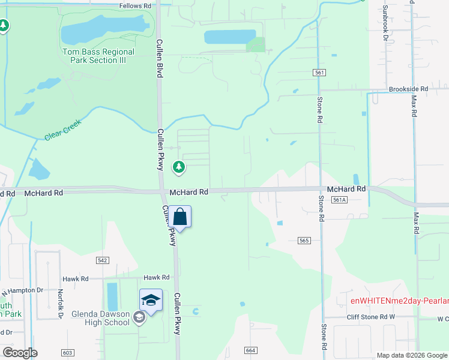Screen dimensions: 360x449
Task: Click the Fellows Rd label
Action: (135, 5)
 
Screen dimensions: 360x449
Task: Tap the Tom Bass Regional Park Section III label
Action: (98, 56)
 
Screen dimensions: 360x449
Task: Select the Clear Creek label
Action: (62, 130)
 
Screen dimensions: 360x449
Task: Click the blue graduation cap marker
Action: (151, 300)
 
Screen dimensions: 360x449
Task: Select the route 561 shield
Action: (319, 73)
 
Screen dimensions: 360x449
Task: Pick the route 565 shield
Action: (304, 240)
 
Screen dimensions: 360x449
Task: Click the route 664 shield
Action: (251, 350)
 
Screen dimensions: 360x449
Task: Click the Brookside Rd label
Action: (408, 89)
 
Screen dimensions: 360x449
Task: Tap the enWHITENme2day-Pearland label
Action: (400, 300)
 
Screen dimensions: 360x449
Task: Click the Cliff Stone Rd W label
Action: (372, 317)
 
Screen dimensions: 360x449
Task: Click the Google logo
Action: (20, 353)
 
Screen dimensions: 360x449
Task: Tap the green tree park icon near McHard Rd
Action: (178, 167)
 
